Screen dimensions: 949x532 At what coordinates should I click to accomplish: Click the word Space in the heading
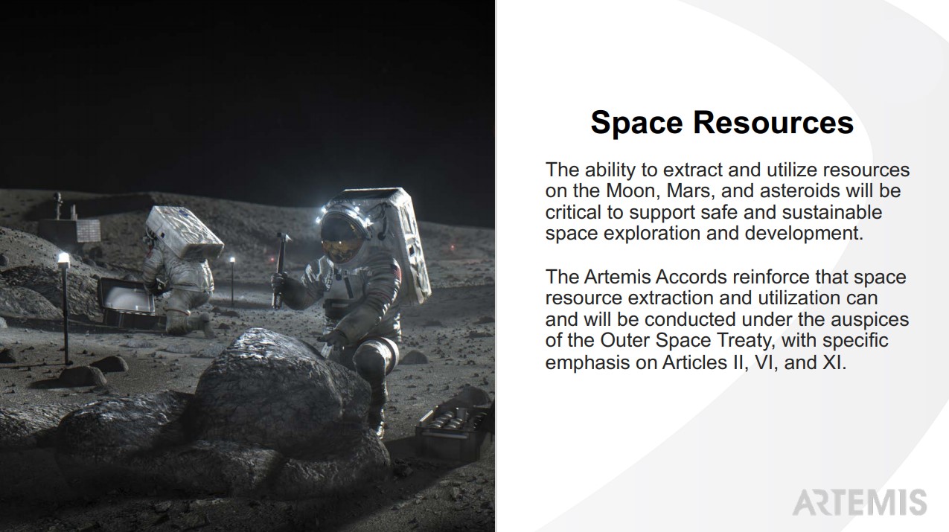637,123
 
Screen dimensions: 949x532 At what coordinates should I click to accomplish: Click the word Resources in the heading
773,123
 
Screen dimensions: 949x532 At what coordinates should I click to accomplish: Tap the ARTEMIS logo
860,502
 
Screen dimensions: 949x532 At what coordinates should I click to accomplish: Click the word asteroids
800,190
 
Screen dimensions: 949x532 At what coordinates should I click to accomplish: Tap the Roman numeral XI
833,362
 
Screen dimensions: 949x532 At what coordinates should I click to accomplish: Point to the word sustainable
832,212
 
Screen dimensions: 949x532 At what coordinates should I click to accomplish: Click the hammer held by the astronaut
281,270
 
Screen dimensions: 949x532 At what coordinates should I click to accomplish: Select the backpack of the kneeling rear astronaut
184,232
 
